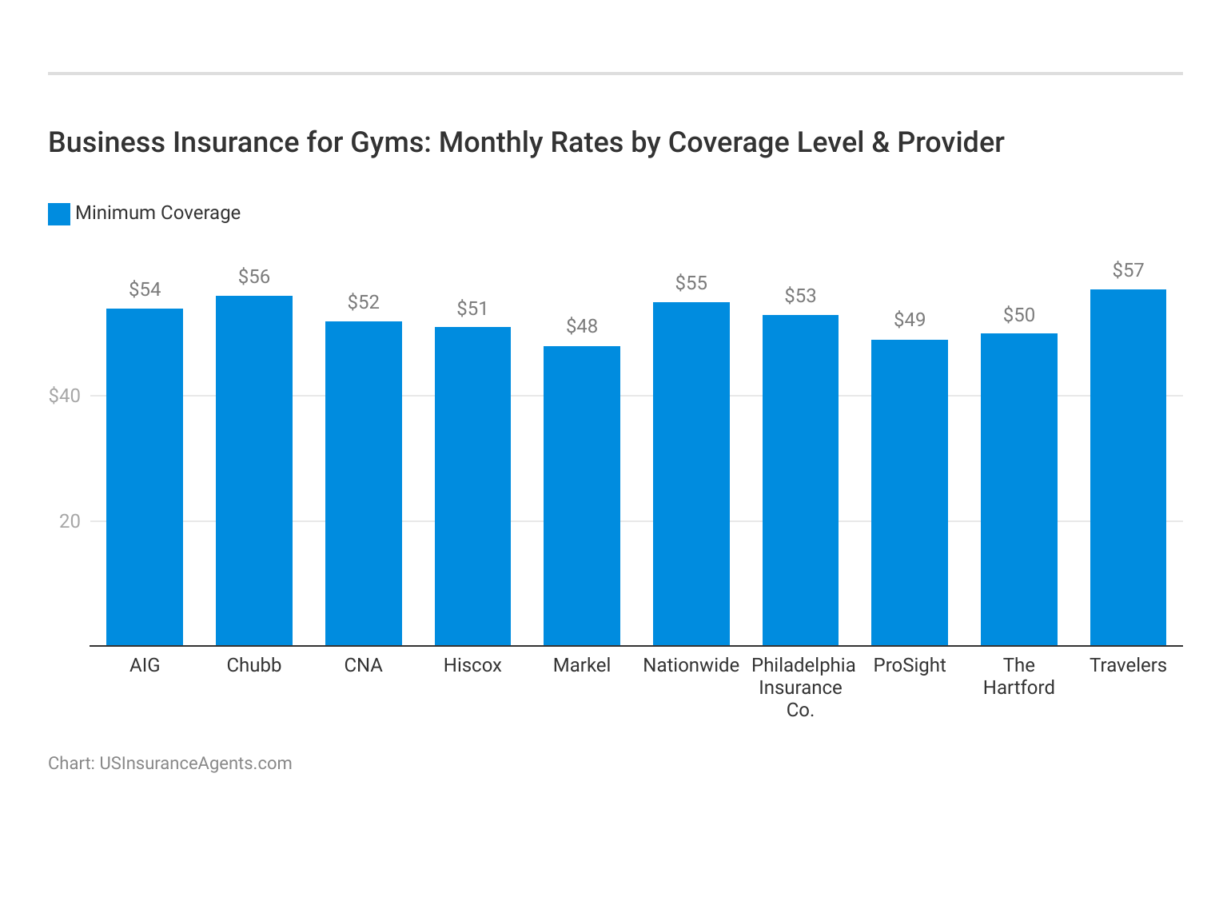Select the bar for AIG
coord(145,476)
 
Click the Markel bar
coord(582,496)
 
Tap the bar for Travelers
coord(1128,467)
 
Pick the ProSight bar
coord(910,492)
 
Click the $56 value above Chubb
coord(254,277)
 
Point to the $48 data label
coord(582,326)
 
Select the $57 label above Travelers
coord(1128,270)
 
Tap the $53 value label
coord(800,296)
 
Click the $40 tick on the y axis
coord(64,396)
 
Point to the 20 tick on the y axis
coord(70,521)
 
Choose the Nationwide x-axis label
coord(691,665)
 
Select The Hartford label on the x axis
coord(1018,676)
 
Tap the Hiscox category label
coord(472,665)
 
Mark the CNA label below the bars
coord(363,665)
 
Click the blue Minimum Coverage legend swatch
coord(59,213)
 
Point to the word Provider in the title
coord(950,142)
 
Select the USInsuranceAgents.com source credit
coord(195,763)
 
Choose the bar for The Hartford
coord(1018,489)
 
